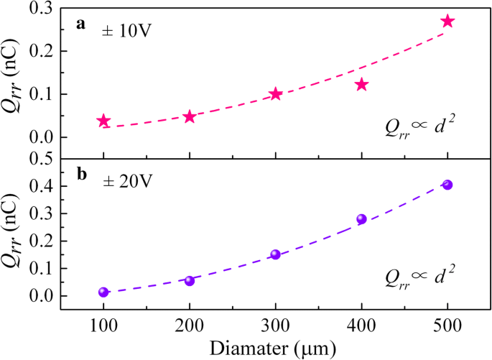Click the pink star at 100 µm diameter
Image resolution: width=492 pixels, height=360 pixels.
pyautogui.click(x=103, y=121)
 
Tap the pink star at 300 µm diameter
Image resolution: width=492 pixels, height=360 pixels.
pyautogui.click(x=276, y=94)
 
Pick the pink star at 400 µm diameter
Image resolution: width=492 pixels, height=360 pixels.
pyautogui.click(x=361, y=85)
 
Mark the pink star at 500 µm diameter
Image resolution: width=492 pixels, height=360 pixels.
pyautogui.click(x=447, y=22)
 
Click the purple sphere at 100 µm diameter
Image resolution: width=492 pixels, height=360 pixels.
pyautogui.click(x=103, y=292)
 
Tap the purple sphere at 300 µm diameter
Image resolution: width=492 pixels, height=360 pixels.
pyautogui.click(x=275, y=254)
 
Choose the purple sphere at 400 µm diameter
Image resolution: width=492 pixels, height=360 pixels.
pyautogui.click(x=361, y=219)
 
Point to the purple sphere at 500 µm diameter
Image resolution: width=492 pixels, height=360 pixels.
pyautogui.click(x=447, y=185)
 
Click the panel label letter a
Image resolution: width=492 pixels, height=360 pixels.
pyautogui.click(x=81, y=24)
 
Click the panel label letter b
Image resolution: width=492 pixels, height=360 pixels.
pyautogui.click(x=81, y=175)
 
